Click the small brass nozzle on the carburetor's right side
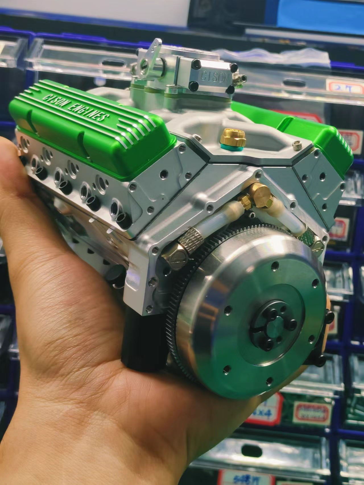240,78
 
